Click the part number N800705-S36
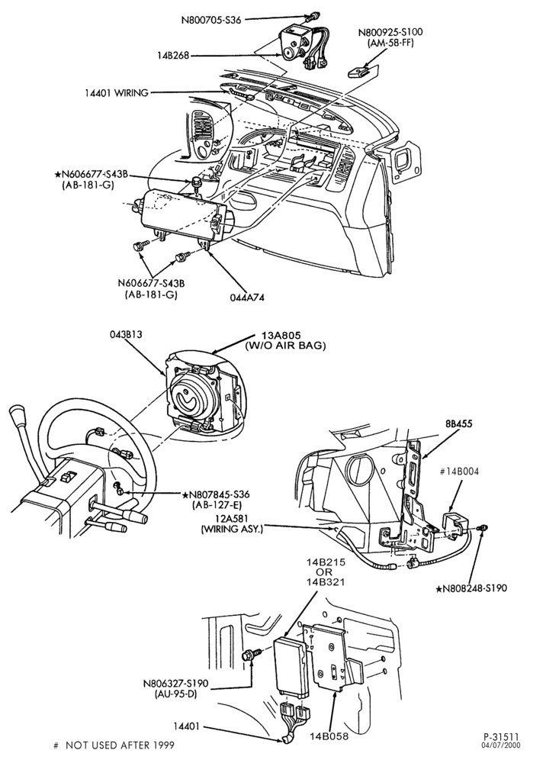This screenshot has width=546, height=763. pos(211,20)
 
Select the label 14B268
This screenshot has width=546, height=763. pos(172,56)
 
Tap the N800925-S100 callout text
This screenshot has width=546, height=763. pos(390,33)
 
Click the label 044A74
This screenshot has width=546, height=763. pos(247,298)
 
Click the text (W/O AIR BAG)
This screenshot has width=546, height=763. pos(285,346)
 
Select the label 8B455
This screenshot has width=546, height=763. pos(458,423)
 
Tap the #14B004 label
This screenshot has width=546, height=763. pos(459,472)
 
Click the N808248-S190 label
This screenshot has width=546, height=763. pos(471,588)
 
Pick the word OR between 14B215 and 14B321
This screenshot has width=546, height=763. pos(324,571)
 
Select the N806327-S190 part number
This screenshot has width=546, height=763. pos(175,684)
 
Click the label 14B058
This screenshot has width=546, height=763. pos(329,736)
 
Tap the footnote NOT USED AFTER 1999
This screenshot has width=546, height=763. pos(120,745)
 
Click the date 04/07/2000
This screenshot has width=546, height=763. pos(500,745)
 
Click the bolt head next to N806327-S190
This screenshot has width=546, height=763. pos(246,655)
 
